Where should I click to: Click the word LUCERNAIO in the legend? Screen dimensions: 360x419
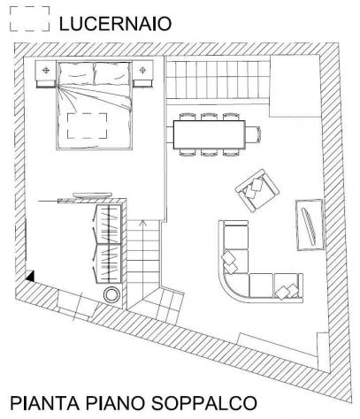tap(115, 24)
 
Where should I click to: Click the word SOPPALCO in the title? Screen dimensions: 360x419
tap(204, 403)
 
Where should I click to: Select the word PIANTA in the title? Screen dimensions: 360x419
tap(45, 403)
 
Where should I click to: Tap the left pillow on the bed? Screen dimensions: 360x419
tap(76, 72)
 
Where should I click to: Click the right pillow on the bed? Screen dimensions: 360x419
tap(111, 72)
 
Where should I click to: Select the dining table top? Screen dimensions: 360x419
tap(210, 134)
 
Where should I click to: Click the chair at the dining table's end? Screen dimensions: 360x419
tap(253, 134)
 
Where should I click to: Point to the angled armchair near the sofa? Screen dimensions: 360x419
tap(257, 190)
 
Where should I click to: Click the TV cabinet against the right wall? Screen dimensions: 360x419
tap(310, 225)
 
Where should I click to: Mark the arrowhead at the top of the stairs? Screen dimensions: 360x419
tap(143, 223)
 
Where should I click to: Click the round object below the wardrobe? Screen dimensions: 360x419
tap(112, 294)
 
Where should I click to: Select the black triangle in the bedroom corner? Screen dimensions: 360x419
tap(30, 277)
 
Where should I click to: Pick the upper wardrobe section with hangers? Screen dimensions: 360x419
tap(109, 225)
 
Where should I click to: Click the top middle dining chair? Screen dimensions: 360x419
tap(209, 117)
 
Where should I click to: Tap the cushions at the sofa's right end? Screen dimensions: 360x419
tap(287, 291)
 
